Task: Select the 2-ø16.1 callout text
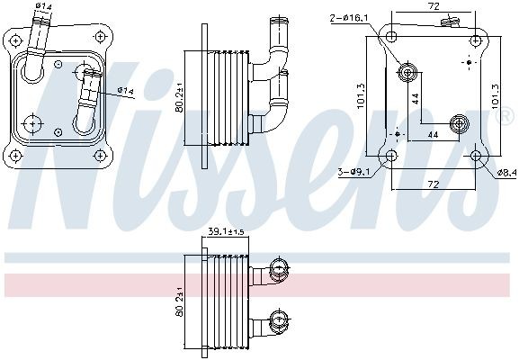pyautogui.click(x=352, y=15)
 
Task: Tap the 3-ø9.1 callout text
pyautogui.click(x=352, y=171)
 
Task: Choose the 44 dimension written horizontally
pyautogui.click(x=432, y=135)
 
